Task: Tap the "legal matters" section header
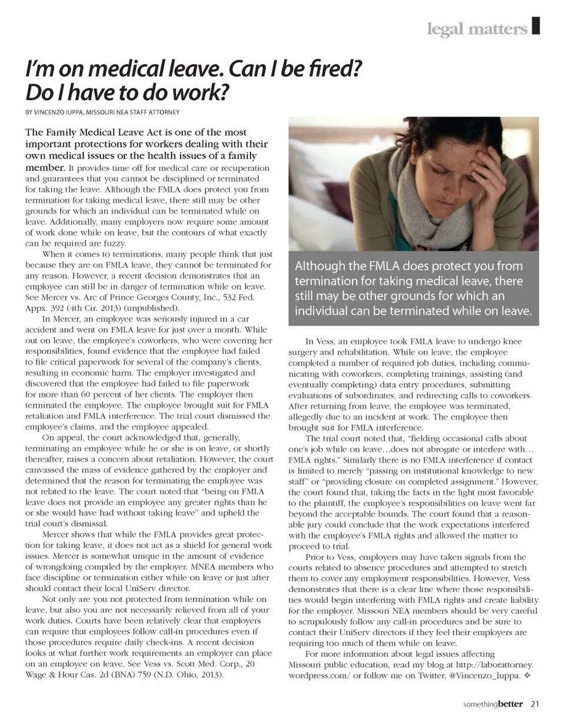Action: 477,29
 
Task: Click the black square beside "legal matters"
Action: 535,26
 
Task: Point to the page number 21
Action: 535,704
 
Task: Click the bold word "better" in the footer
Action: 510,704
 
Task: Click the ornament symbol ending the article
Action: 527,676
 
